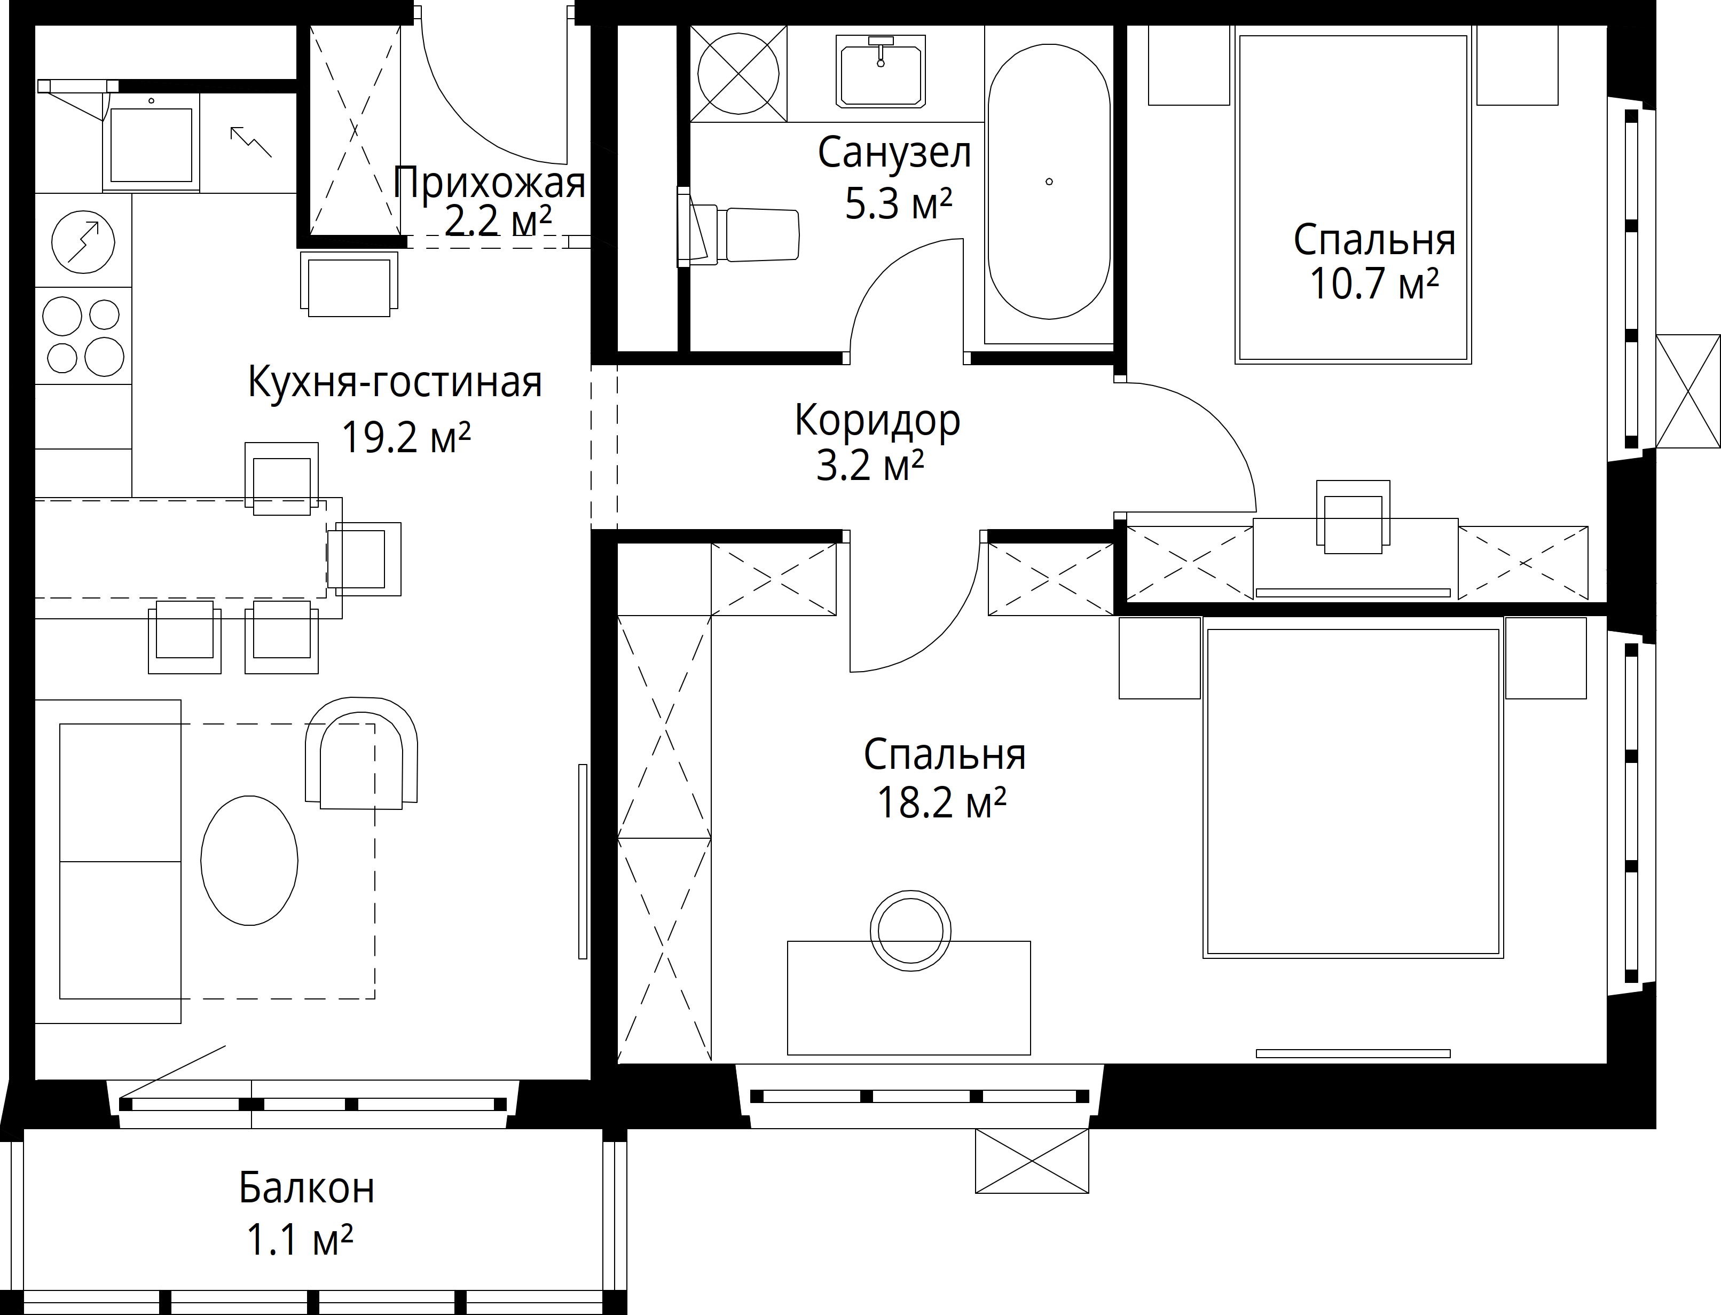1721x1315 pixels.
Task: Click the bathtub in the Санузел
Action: (x=1049, y=182)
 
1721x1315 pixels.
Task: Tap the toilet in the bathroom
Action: (x=740, y=233)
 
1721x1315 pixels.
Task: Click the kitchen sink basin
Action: (x=151, y=145)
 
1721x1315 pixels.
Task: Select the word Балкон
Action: (x=307, y=1187)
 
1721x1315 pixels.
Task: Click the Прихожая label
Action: (x=489, y=183)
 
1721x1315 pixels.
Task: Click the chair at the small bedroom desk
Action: (x=1353, y=517)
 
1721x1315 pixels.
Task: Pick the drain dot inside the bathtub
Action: (x=1049, y=182)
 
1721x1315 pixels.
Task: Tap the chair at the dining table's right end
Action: (x=364, y=559)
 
